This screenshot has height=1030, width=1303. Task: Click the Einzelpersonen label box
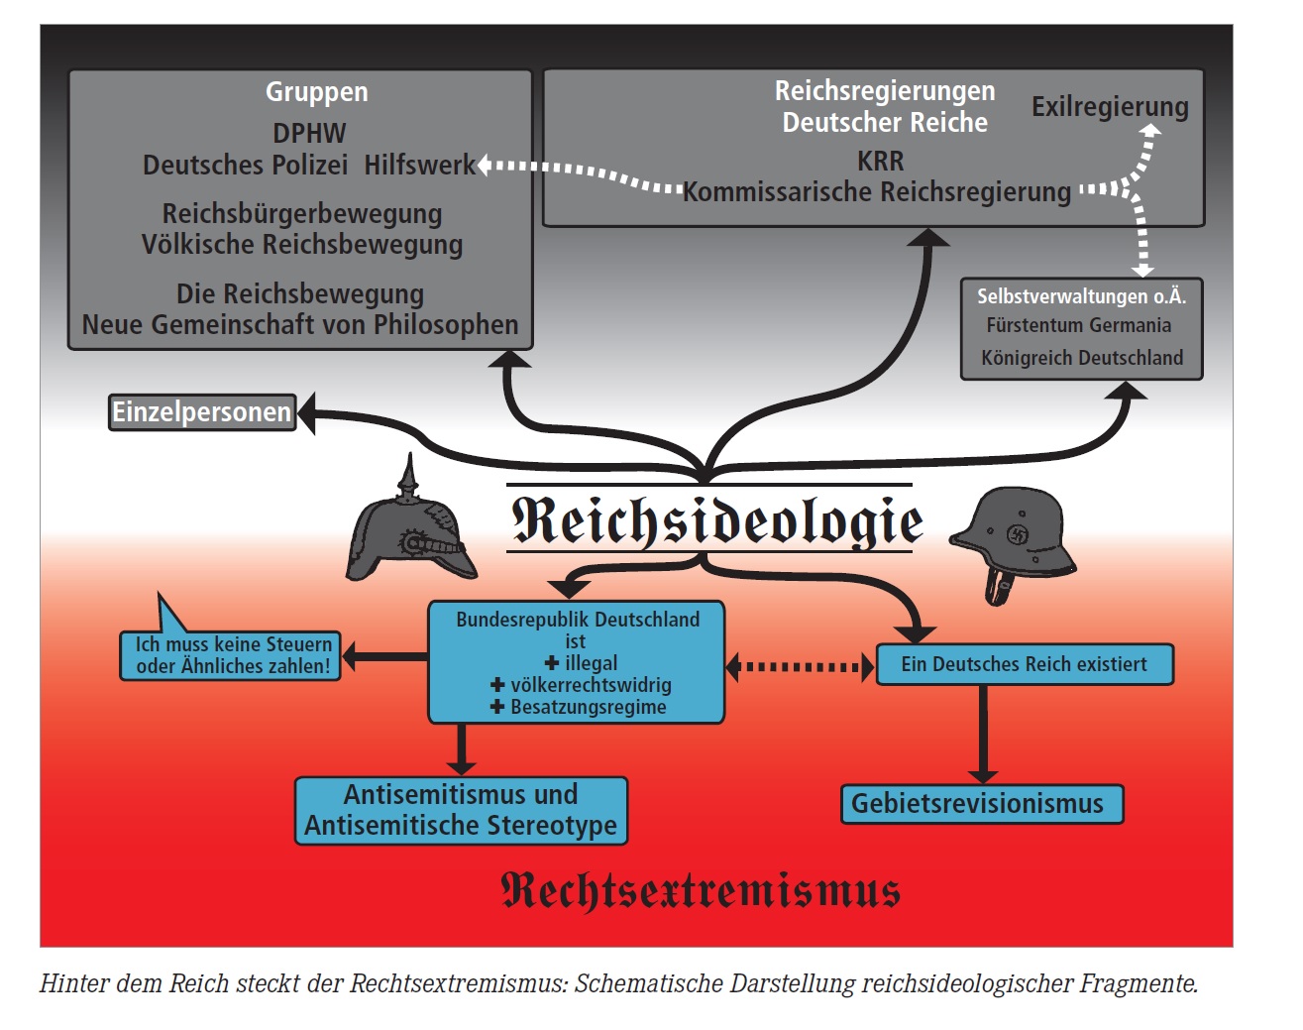(202, 412)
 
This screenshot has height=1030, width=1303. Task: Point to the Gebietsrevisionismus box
(981, 803)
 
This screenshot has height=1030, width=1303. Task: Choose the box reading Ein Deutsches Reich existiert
(1025, 664)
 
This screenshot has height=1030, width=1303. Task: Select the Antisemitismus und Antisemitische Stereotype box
(461, 810)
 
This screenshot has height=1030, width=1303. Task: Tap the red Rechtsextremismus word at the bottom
(701, 889)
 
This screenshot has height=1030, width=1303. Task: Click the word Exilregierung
(1110, 106)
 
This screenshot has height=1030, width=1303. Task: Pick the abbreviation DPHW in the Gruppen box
(309, 133)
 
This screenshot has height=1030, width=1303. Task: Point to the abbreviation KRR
(880, 161)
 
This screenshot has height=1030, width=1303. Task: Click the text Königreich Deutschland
(1082, 358)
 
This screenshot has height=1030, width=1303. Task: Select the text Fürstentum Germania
(1078, 325)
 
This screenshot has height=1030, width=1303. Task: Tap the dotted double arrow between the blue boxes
(800, 666)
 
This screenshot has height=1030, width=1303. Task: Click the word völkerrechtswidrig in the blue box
(591, 685)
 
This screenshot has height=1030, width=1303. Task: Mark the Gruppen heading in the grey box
(316, 92)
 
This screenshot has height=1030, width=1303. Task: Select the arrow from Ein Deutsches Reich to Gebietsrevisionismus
(982, 734)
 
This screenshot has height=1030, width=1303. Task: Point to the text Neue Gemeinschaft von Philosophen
(300, 325)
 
